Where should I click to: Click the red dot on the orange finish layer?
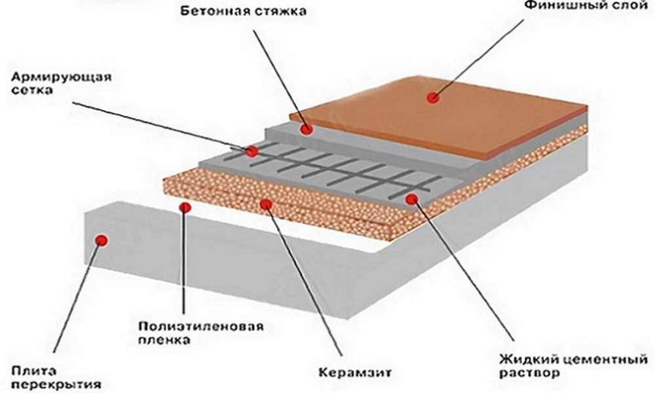(432, 98)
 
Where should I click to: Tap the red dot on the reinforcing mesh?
(252, 151)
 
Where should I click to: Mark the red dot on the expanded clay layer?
(266, 204)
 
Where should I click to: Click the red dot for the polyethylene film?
(185, 208)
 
